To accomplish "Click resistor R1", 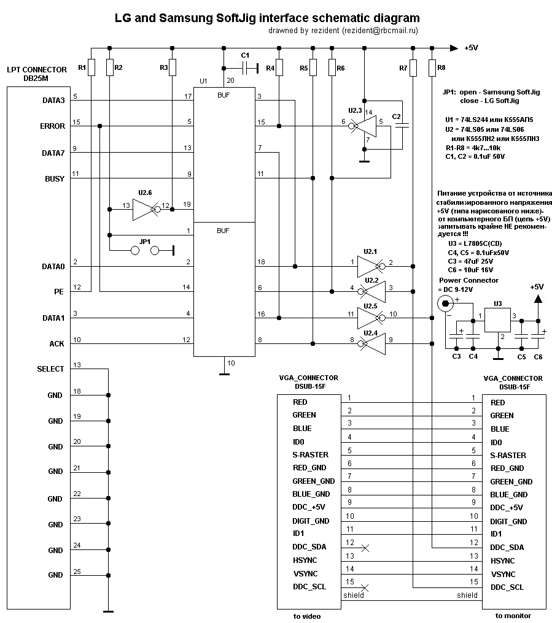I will click(91, 67).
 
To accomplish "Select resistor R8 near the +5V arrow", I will click(433, 67).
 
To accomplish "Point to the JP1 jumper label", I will click(146, 241).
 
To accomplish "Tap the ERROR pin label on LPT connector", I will click(52, 126).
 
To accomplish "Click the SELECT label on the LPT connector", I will click(50, 369).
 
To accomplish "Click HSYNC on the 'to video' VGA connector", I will click(305, 560).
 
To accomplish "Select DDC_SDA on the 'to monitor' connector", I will click(507, 548).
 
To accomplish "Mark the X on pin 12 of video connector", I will click(365, 548).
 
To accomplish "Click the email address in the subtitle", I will click(379, 30).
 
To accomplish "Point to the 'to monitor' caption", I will click(513, 615).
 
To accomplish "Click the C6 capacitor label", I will click(538, 356).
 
